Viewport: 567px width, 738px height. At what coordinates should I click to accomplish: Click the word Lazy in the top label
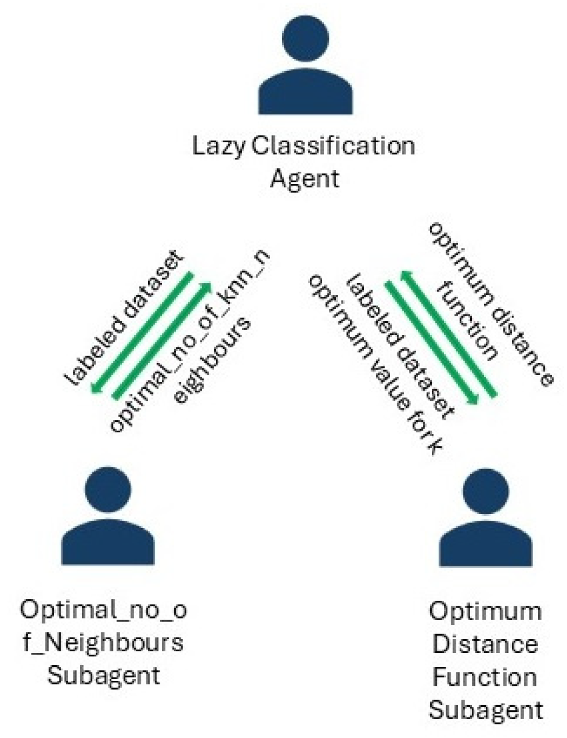click(x=218, y=147)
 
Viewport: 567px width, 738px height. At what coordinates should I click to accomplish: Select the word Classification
click(x=333, y=146)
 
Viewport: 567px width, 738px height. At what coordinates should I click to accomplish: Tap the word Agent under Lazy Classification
click(x=304, y=179)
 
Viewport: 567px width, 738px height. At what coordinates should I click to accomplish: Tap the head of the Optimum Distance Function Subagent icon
click(x=486, y=491)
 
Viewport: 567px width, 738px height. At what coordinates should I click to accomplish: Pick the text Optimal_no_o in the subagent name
click(x=104, y=610)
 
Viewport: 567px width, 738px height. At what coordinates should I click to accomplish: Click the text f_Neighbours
click(x=104, y=643)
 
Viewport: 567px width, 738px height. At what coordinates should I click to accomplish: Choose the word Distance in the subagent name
click(x=485, y=644)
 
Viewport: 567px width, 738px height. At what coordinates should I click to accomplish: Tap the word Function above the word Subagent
click(x=485, y=677)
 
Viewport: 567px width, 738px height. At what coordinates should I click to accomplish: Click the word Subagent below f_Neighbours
click(x=104, y=676)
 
